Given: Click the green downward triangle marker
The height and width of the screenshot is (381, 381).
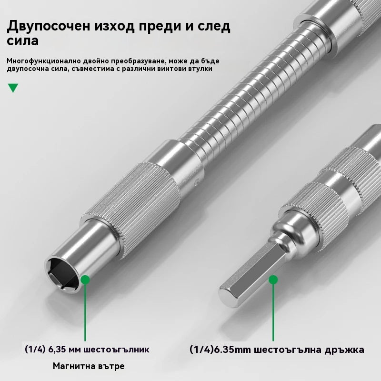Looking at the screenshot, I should coord(13,88).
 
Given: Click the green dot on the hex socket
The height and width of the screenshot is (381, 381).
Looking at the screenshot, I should coord(85,280).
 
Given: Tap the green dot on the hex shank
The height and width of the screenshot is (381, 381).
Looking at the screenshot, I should coord(273,280).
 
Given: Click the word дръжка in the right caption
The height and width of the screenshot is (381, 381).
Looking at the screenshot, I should coord(342,350).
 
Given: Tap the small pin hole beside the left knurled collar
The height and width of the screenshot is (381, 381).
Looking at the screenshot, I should coord(197,181).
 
